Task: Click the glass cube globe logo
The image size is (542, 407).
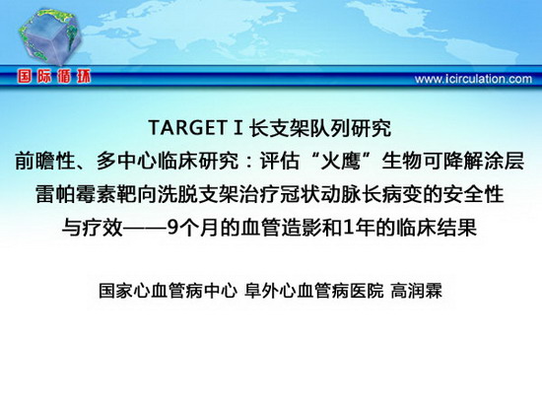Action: click(x=49, y=36)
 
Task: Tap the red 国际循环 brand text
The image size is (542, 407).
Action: click(x=54, y=77)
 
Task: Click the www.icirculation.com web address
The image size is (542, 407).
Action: click(x=473, y=79)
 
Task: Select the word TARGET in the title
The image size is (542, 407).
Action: click(x=187, y=127)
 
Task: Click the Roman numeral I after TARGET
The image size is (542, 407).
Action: click(x=238, y=127)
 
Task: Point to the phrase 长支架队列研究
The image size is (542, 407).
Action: click(x=320, y=127)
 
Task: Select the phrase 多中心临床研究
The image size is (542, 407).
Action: click(x=168, y=161)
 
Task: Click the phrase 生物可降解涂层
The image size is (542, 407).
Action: click(x=453, y=161)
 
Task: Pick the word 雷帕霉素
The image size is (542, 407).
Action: click(x=77, y=194)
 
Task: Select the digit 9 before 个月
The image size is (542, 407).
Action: click(x=172, y=228)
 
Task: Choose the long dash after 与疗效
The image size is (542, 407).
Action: click(x=145, y=228)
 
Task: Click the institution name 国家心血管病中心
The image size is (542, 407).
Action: click(x=168, y=291)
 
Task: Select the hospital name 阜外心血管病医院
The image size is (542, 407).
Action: click(x=313, y=291)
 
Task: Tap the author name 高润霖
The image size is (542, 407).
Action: click(x=417, y=291)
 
